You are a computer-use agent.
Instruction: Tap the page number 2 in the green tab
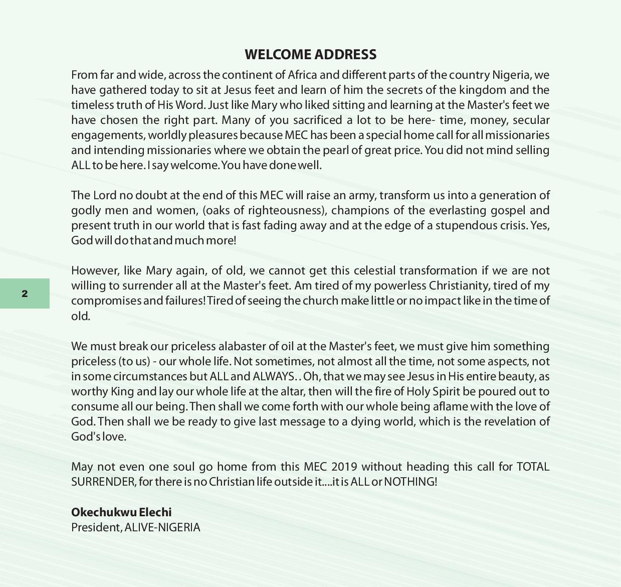25,293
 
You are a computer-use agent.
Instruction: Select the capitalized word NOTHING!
410,482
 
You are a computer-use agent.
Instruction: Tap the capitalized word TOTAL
533,467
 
